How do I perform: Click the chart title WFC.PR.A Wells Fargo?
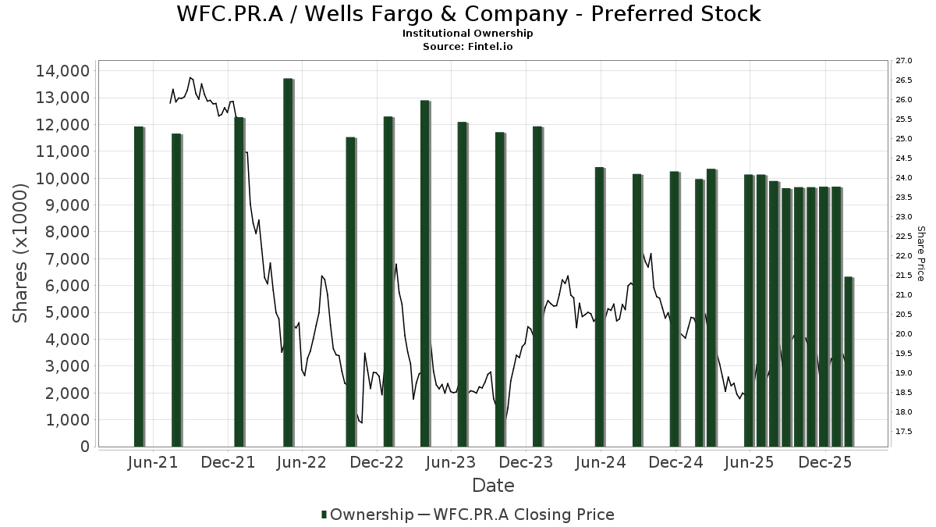[468, 14]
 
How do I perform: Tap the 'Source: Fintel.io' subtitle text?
[468, 46]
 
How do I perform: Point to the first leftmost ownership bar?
[139, 287]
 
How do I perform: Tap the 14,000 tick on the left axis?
[62, 71]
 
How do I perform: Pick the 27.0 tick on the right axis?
[904, 61]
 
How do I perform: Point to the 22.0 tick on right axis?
[904, 256]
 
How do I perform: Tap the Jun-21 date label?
[152, 463]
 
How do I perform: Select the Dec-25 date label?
[824, 463]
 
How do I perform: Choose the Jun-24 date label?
[601, 463]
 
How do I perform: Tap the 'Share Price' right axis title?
[920, 254]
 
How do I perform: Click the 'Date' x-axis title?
[493, 486]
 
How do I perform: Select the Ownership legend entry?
[367, 515]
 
